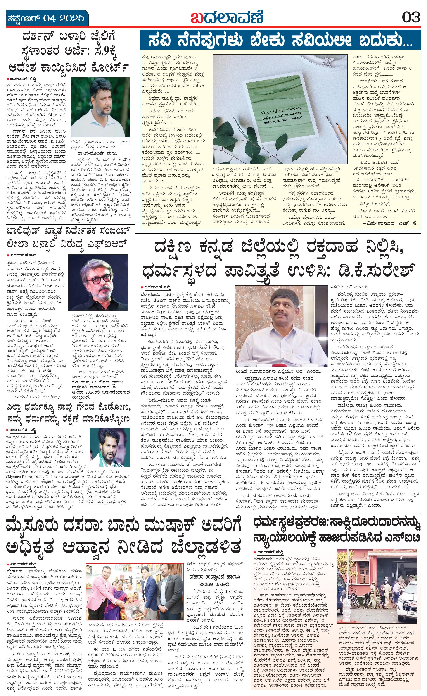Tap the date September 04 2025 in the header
(45, 18)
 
